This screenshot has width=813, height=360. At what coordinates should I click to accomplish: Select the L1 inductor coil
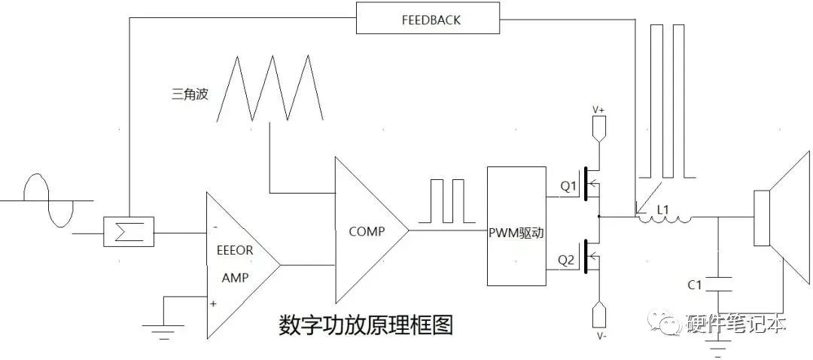click(x=664, y=218)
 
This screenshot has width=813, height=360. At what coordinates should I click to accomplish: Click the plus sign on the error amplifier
click(x=215, y=304)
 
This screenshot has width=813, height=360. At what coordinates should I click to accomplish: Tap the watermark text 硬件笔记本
click(x=737, y=324)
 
